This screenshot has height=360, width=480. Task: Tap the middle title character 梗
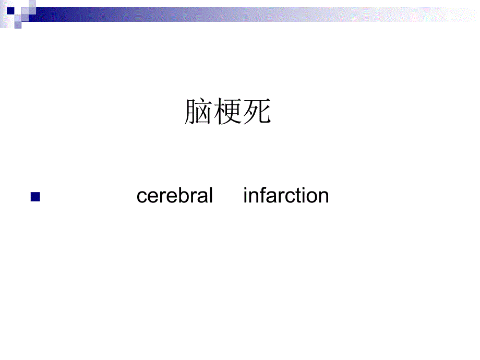pyautogui.click(x=227, y=112)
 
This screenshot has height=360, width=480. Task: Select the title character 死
pyautogui.click(x=257, y=112)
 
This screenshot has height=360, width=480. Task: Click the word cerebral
pyautogui.click(x=175, y=196)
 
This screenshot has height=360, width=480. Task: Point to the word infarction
pyautogui.click(x=286, y=196)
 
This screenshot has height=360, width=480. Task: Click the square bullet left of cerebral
pyautogui.click(x=35, y=197)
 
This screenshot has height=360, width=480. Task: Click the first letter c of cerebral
pyautogui.click(x=141, y=197)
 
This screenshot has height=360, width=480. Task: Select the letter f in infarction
pyautogui.click(x=261, y=196)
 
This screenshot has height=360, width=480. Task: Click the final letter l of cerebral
pyautogui.click(x=211, y=196)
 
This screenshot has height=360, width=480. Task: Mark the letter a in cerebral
pyautogui.click(x=203, y=197)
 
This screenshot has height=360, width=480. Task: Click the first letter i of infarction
pyautogui.click(x=245, y=196)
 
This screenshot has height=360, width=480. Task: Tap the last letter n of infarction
pyautogui.click(x=323, y=197)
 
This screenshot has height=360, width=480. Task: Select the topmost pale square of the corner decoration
pyautogui.click(x=32, y=4)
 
